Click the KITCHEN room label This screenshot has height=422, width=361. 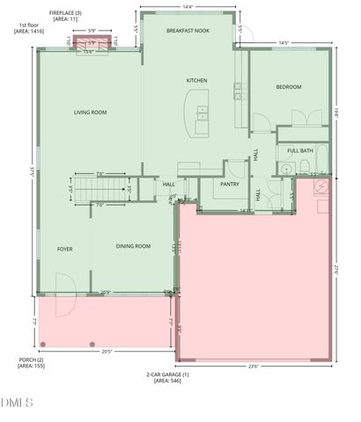coord(196,81)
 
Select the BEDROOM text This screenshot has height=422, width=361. coord(289,86)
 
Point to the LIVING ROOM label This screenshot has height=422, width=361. coord(90,113)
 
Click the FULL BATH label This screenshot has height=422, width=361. coord(300,150)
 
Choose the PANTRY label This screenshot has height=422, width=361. coord(230,185)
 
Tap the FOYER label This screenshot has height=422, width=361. coord(64,250)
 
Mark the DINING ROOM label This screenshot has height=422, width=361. coord(131,246)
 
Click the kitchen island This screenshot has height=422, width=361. coord(197,114)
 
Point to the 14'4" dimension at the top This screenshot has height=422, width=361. coord(188,7)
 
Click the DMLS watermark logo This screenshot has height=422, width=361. coord(16,404)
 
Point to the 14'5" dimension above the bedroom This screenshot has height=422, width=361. coord(283,43)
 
